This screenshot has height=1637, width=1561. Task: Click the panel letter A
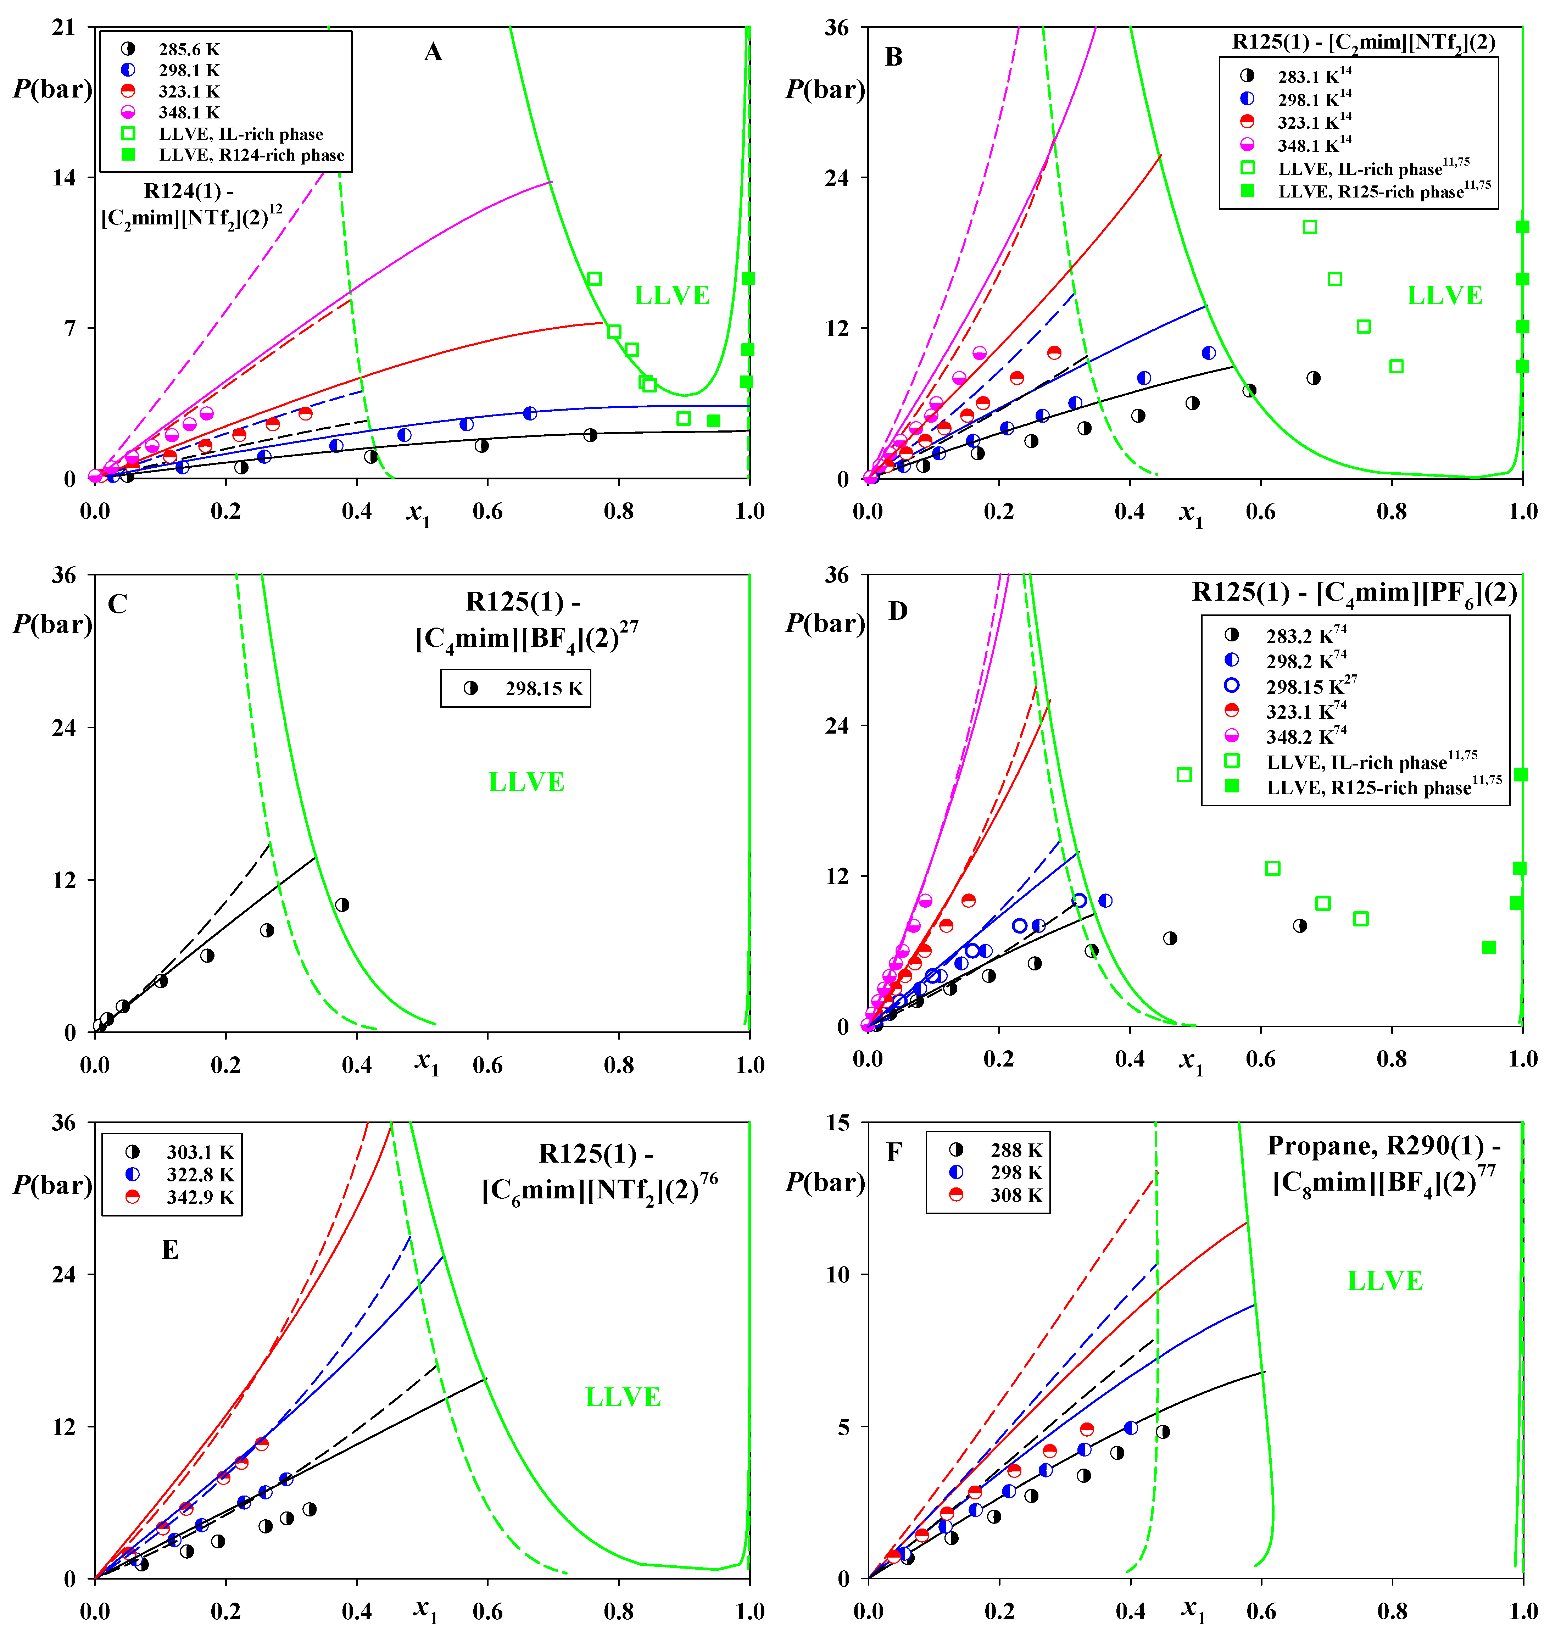pyautogui.click(x=433, y=52)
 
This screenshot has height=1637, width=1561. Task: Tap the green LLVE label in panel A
pyautogui.click(x=671, y=295)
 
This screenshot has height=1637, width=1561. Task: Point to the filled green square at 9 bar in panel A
pyautogui.click(x=748, y=279)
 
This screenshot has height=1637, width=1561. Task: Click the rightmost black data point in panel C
pyautogui.click(x=342, y=904)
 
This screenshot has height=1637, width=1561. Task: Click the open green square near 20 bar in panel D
pyautogui.click(x=1184, y=775)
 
